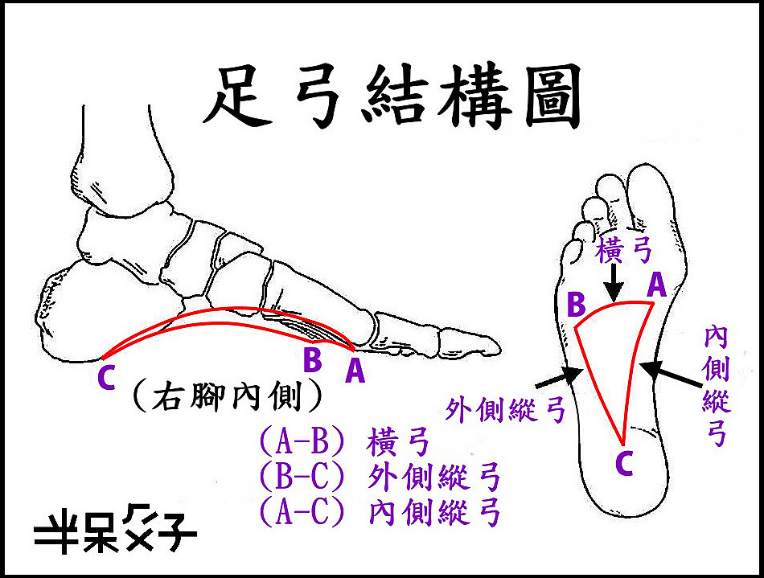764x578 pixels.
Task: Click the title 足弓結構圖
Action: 392,96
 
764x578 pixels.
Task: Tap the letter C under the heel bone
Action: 106,378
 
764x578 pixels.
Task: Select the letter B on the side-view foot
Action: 312,359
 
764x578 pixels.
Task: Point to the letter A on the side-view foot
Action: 355,371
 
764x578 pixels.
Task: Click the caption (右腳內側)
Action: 228,396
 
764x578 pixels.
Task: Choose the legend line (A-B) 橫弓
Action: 344,441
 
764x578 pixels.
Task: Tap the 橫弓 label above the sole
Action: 624,251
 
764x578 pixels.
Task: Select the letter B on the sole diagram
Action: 576,305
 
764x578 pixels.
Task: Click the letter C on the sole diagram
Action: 624,463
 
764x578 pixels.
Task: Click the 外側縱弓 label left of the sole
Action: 506,410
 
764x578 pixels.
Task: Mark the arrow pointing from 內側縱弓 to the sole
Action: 671,375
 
